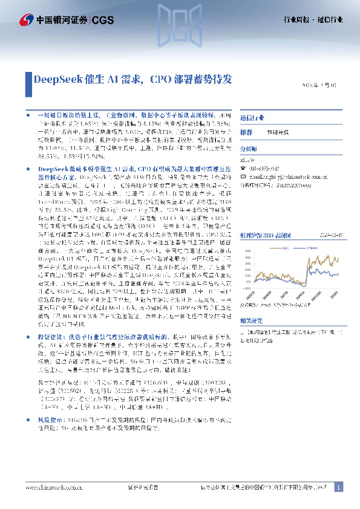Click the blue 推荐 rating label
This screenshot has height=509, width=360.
246,132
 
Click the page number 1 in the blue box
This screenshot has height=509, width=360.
339,487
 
